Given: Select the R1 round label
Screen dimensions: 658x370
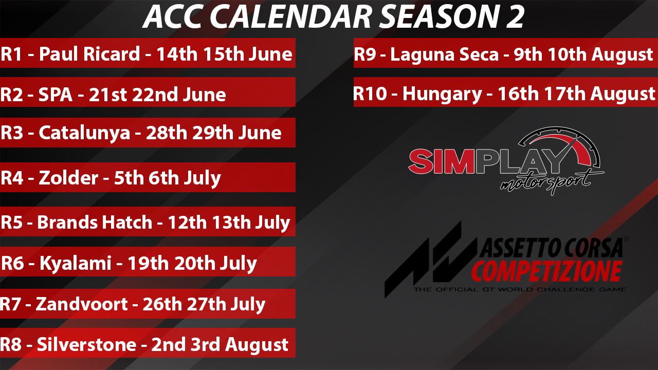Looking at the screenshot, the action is click(x=11, y=54).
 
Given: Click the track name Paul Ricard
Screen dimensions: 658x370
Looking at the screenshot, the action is click(x=89, y=54).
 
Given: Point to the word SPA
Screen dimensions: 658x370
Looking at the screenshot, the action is click(x=56, y=94).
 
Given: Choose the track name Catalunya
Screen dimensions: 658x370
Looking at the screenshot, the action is click(x=84, y=134).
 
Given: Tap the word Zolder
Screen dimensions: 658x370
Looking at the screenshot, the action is click(x=68, y=178).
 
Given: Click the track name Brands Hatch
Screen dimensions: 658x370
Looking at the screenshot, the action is click(x=95, y=222).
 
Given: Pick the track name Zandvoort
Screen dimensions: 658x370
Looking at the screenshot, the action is click(x=82, y=304).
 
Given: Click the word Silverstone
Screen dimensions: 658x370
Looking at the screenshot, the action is click(x=87, y=344).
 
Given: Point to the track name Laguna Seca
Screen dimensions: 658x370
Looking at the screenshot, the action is click(x=445, y=55).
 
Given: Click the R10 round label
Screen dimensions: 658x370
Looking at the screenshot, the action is click(x=370, y=94).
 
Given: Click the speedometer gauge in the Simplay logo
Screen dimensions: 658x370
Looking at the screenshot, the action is click(x=560, y=147).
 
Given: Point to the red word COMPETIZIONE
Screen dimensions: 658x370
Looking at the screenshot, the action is click(x=546, y=271).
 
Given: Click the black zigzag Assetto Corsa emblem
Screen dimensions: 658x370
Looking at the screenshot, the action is click(x=430, y=260).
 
